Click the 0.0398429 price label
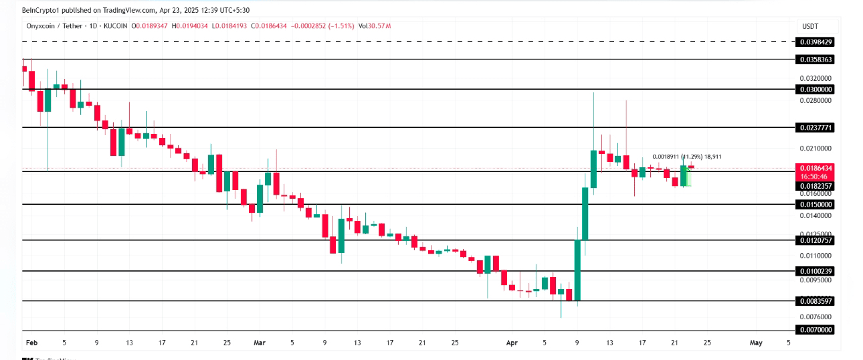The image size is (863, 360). (816, 42)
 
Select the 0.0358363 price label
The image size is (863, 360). (816, 60)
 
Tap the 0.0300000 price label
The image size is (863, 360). (816, 89)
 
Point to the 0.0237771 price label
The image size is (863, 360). (816, 127)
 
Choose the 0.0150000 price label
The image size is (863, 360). (816, 204)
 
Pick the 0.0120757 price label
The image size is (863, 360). (816, 240)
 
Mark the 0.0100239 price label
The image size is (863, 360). (816, 271)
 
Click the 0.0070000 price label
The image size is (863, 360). (816, 330)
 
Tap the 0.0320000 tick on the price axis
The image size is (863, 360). (816, 78)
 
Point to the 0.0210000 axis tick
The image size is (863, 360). (816, 149)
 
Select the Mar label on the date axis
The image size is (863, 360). (260, 343)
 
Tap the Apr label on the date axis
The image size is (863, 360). (512, 343)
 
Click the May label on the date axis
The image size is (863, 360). (756, 343)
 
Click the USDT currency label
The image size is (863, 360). (809, 26)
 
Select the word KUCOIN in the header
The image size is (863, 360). (115, 26)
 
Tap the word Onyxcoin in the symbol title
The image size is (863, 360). (37, 26)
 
